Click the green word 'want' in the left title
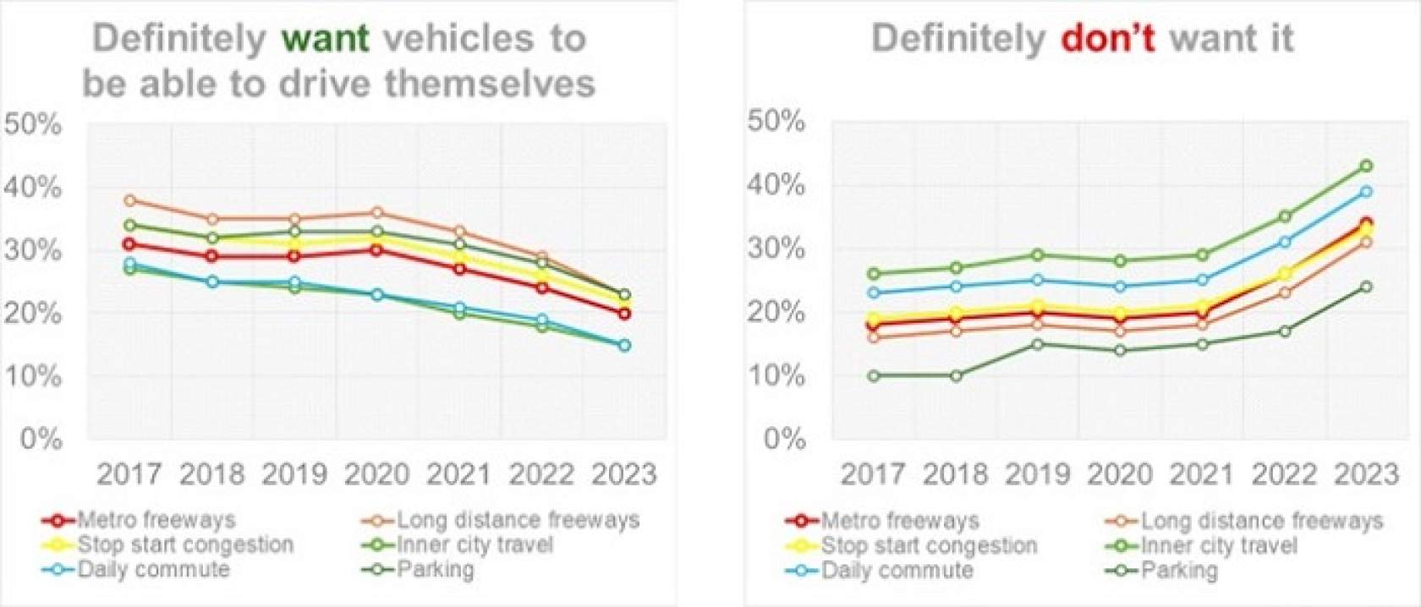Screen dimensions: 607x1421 tap(326, 39)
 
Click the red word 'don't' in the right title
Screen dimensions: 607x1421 tap(1107, 39)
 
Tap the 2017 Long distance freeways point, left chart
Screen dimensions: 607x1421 tap(129, 200)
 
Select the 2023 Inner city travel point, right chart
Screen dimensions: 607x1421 tap(1365, 166)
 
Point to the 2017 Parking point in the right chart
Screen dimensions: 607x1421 tap(873, 375)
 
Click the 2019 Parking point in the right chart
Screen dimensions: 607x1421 tap(1038, 344)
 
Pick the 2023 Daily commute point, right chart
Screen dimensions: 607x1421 tap(1365, 192)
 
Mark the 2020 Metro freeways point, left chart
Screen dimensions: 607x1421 tap(377, 249)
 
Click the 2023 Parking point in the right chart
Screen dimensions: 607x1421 tap(1365, 287)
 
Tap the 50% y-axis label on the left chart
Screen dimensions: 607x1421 tap(34, 124)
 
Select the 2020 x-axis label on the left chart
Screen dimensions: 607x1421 tap(377, 474)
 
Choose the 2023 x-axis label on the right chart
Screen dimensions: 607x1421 tap(1366, 474)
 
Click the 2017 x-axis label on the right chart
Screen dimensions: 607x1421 tap(873, 474)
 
